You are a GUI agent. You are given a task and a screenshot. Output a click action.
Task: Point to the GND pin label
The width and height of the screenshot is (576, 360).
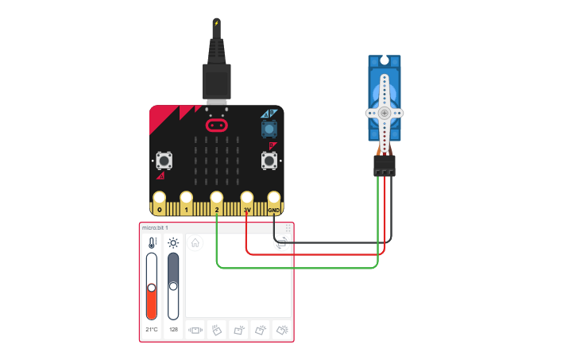click(273, 210)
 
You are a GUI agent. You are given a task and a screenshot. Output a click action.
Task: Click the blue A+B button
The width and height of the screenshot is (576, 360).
click(269, 129)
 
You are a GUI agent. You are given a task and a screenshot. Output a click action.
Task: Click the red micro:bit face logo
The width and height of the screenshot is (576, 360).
click(217, 126)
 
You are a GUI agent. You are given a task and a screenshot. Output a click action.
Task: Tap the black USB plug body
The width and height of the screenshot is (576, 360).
click(217, 82)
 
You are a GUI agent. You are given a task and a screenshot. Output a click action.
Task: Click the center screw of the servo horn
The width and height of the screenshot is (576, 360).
click(385, 113)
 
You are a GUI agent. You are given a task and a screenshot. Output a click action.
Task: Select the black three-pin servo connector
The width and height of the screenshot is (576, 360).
click(385, 165)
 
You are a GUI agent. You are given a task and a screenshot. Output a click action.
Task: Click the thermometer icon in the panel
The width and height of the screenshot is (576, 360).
click(152, 243)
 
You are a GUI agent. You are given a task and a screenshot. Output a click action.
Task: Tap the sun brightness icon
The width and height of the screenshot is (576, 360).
click(173, 243)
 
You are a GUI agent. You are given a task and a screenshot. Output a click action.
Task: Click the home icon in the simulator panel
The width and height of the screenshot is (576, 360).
click(195, 243)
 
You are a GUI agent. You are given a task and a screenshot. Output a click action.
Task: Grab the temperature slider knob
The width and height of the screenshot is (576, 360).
click(151, 288)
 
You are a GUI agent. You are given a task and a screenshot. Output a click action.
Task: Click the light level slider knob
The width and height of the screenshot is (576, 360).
click(173, 286)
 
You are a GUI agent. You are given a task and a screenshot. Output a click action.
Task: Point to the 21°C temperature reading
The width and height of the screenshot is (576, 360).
click(151, 329)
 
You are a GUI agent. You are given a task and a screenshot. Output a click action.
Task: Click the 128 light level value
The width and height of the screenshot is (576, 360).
click(173, 329)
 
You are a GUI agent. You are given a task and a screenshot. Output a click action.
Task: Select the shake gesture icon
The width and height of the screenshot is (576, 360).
click(195, 331)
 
